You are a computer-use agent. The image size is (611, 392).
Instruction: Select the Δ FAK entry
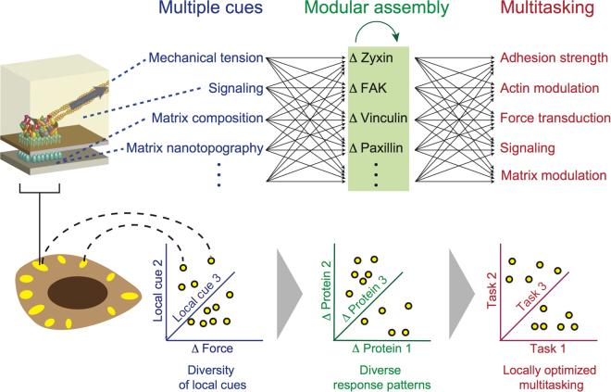pos(368,89)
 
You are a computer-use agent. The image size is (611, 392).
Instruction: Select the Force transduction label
pos(554,119)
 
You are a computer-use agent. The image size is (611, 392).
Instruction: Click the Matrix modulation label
pos(553,176)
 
